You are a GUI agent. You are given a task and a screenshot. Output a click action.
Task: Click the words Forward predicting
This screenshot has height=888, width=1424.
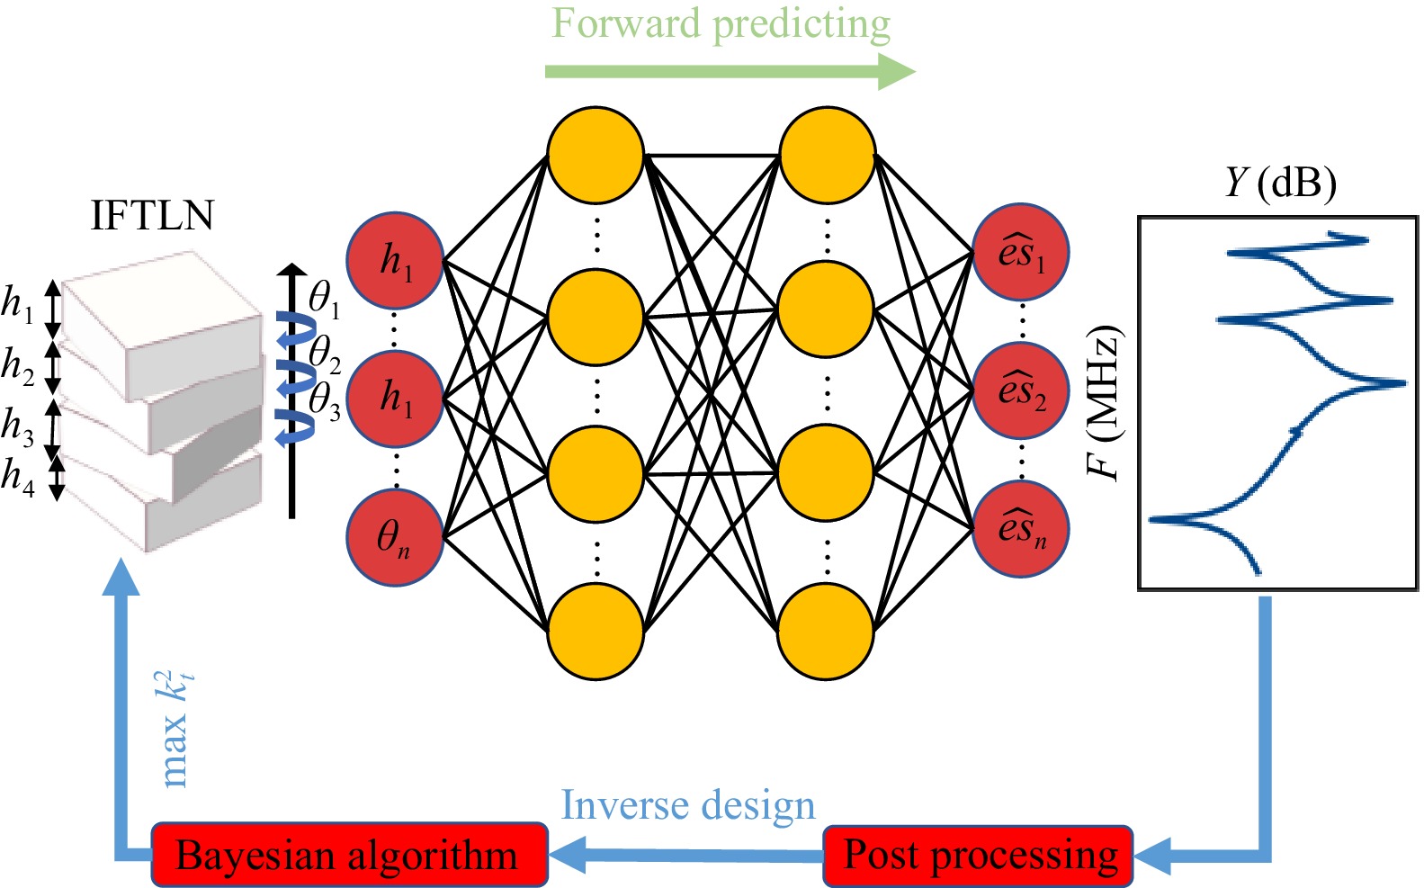(721, 24)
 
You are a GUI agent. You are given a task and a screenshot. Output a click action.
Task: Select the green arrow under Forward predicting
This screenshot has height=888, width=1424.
(729, 72)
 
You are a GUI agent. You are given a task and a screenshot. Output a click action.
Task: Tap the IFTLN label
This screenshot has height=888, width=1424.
(153, 216)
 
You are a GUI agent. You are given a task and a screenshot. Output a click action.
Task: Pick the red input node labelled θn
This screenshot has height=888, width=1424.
(394, 537)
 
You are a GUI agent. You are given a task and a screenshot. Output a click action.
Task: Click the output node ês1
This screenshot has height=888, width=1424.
(1021, 253)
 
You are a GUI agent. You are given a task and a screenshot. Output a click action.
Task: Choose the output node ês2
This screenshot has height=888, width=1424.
(1021, 390)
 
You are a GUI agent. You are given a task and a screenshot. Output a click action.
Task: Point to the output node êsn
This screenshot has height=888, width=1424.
(1021, 529)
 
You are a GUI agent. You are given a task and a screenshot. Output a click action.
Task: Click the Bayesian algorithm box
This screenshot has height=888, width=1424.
(349, 855)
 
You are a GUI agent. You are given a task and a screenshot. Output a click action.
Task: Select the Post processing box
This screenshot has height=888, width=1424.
(979, 855)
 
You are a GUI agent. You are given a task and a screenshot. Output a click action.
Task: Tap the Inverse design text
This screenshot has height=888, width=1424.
(688, 805)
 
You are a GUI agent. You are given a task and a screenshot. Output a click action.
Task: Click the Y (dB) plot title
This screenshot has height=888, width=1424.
(1280, 184)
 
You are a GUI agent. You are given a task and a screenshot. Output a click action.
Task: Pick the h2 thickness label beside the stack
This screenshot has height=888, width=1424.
(18, 366)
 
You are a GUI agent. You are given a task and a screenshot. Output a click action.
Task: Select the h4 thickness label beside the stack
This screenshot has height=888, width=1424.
(18, 476)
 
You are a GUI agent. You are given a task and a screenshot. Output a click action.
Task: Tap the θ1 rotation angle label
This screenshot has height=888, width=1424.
(324, 298)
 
